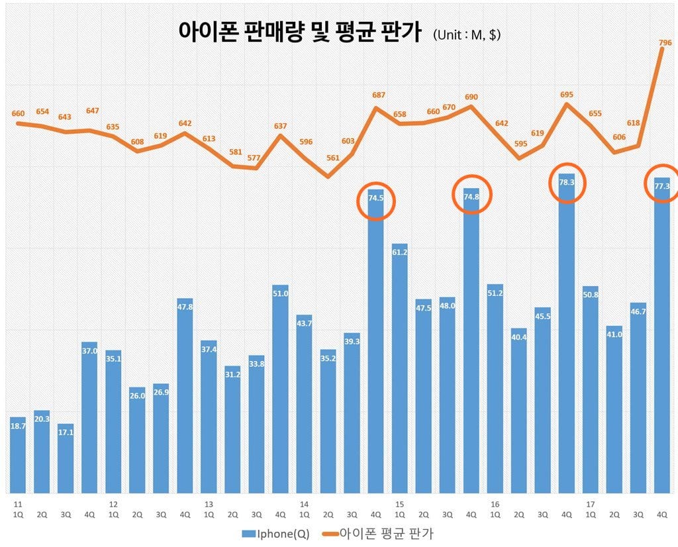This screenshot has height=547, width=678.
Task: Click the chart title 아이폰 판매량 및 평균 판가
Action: tap(299, 32)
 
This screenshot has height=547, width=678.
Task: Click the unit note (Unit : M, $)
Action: tap(467, 34)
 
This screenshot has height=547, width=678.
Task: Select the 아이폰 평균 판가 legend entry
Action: tap(379, 534)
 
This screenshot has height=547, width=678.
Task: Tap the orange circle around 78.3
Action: tap(567, 183)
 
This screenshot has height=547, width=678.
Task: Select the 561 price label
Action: tap(332, 158)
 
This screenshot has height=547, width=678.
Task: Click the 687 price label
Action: tap(378, 95)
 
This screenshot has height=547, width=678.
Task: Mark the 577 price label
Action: tap(254, 158)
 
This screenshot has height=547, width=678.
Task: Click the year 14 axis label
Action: tap(303, 504)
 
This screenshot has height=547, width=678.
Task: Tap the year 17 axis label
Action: tap(589, 504)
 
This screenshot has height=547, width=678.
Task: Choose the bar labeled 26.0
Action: tap(138, 440)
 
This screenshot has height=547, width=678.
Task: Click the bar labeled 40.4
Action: tap(519, 411)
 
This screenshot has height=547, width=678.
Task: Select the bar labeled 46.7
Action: tap(638, 398)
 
